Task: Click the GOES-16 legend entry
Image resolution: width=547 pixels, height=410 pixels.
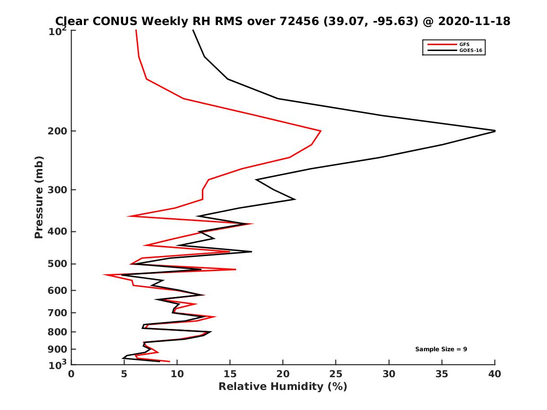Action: [x=470, y=51]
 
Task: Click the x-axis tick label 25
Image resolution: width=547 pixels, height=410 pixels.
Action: [x=336, y=374]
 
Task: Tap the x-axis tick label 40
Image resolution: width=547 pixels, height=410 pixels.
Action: [x=495, y=374]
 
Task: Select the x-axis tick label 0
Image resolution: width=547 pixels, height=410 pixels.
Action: [x=72, y=374]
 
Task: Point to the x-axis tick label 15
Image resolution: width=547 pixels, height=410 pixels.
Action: [x=230, y=374]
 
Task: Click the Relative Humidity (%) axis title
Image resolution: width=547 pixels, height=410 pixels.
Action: [x=283, y=387]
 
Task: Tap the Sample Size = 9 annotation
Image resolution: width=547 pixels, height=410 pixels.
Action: [x=441, y=349]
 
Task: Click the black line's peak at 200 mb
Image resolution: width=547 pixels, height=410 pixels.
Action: [x=495, y=131]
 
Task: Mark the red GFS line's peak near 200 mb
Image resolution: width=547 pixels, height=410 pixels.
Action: [x=321, y=131]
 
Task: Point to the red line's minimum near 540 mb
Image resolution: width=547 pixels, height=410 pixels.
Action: [x=104, y=275]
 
